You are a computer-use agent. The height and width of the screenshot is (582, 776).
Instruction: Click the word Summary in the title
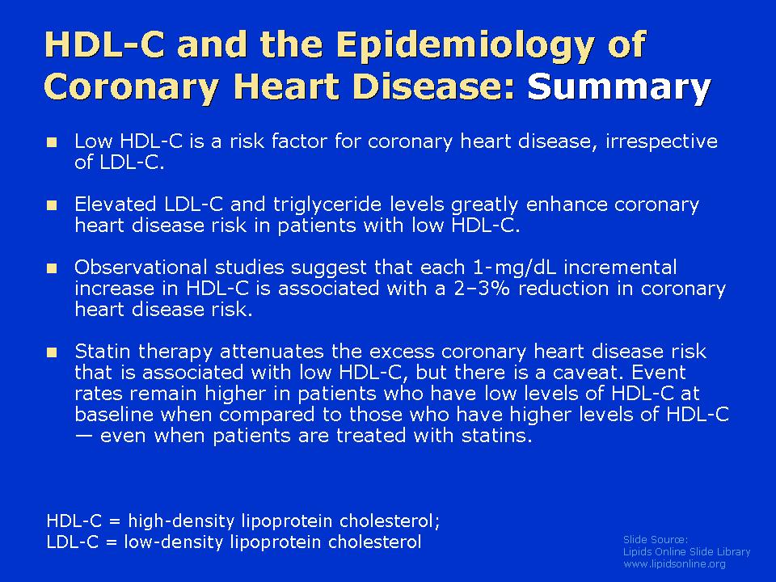[619, 87]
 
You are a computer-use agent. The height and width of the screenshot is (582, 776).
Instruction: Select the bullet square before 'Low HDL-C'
[52, 142]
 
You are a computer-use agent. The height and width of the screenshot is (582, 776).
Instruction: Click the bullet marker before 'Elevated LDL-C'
[52, 205]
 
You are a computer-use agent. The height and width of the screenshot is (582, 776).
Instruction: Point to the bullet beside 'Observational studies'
[52, 268]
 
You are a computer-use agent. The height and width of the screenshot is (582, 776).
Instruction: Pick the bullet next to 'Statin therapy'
[52, 352]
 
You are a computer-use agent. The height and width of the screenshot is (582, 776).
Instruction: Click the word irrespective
[662, 142]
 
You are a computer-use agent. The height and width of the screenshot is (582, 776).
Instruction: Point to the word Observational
[141, 268]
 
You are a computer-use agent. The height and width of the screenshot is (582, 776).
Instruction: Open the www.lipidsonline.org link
[674, 564]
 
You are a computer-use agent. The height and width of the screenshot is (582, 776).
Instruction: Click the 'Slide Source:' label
[656, 539]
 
